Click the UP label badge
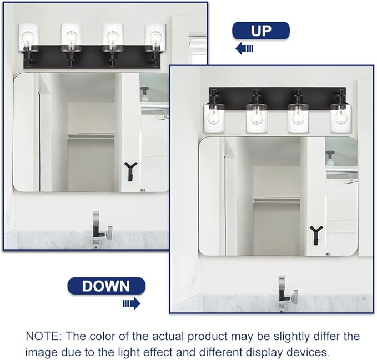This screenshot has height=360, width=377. coord(260,31)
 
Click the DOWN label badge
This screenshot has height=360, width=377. coord(105,286)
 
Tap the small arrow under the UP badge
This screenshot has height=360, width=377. coord(244,49)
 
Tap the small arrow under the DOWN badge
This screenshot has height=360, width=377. coord(131,303)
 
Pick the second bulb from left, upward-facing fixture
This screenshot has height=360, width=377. coord(71,38)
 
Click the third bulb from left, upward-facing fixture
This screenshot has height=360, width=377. coord(113,38)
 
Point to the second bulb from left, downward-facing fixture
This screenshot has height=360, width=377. coord(256,116)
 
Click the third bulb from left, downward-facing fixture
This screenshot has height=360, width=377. coord(298,116)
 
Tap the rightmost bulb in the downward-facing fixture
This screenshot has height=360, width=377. coord(340,116)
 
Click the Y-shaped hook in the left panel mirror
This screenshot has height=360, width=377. coord(131,170)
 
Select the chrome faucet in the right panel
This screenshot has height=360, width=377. coord(286,292)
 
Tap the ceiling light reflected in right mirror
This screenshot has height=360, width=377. coord(331,158)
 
